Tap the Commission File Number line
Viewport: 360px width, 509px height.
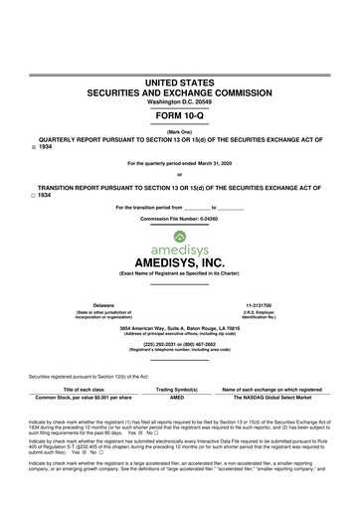179,218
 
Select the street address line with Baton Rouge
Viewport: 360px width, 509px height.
179,327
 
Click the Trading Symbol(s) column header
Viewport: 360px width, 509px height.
177,389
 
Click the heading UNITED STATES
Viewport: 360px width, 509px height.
179,79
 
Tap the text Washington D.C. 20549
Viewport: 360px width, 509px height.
179,100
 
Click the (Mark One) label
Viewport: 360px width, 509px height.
179,132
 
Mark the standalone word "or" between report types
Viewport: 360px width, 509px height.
179,174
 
